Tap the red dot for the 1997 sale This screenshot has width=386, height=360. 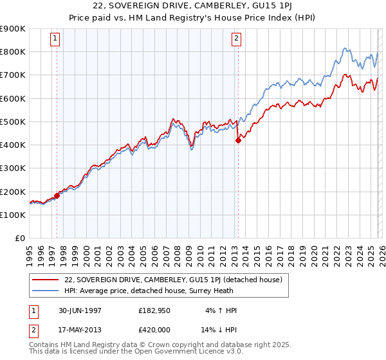pyautogui.click(x=57, y=195)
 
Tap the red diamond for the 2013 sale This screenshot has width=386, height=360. pyautogui.click(x=238, y=140)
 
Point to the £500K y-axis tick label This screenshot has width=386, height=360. pyautogui.click(x=12, y=122)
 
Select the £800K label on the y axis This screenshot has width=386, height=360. pyautogui.click(x=12, y=51)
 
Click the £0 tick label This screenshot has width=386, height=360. pyautogui.click(x=20, y=239)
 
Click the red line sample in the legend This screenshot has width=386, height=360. pyautogui.click(x=46, y=280)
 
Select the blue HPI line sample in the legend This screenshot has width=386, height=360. pyautogui.click(x=46, y=291)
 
